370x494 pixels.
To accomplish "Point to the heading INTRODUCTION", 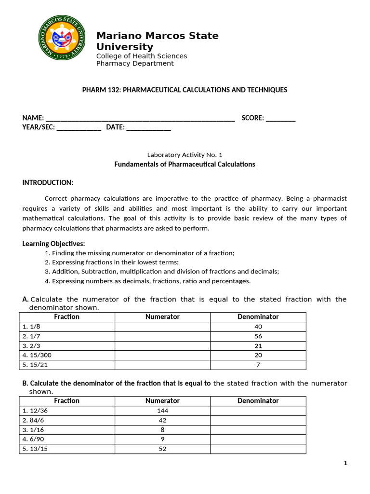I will click(48, 182).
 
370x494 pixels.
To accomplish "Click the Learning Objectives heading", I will click(53, 244).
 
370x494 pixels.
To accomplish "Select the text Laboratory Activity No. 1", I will click(185, 155).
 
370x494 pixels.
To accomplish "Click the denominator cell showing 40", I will click(258, 327).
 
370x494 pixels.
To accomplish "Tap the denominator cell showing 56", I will click(258, 336).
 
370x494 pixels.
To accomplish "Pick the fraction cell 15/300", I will click(67, 355).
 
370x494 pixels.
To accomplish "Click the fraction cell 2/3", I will click(67, 345).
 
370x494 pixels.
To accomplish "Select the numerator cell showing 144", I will click(162, 411).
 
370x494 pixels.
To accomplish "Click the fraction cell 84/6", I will click(67, 420).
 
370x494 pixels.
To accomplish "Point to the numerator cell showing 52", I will click(162, 449).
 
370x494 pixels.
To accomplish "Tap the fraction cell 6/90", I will click(67, 439).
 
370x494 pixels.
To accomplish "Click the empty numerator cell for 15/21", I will click(162, 365).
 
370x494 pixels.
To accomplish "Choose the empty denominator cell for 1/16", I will click(258, 429).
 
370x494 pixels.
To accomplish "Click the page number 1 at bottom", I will click(345, 464).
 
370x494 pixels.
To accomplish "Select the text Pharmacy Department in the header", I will click(135, 64).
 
